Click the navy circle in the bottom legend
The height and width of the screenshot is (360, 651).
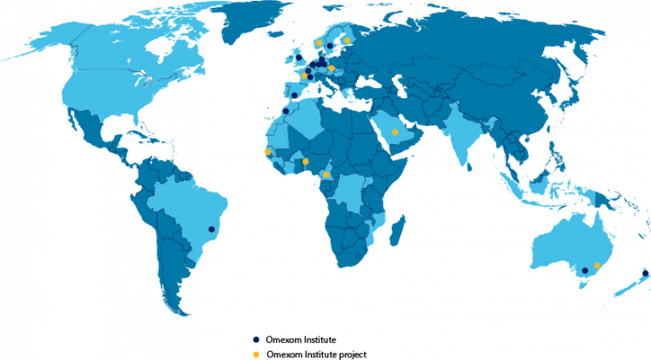pyautogui.click(x=256, y=340)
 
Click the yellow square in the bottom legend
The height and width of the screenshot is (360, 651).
pyautogui.click(x=256, y=354)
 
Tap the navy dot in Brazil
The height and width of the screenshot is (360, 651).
pyautogui.click(x=212, y=229)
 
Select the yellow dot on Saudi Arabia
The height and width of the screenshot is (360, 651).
pyautogui.click(x=395, y=132)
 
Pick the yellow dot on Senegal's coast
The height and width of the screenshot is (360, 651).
pyautogui.click(x=268, y=152)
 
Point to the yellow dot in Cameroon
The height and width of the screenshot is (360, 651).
pyautogui.click(x=326, y=174)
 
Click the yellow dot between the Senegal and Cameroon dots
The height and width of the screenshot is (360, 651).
pyautogui.click(x=306, y=161)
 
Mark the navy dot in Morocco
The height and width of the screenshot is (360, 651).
pyautogui.click(x=286, y=111)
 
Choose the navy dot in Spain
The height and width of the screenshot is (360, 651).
pyautogui.click(x=295, y=95)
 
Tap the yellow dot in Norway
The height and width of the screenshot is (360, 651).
pyautogui.click(x=320, y=42)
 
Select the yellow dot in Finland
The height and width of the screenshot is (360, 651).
pyautogui.click(x=348, y=41)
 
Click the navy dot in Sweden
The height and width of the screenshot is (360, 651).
pyautogui.click(x=330, y=47)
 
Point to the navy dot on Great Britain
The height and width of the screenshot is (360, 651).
pyautogui.click(x=298, y=58)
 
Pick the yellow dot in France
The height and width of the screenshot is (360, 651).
pyautogui.click(x=304, y=75)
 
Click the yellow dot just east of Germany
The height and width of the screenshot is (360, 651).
pyautogui.click(x=331, y=68)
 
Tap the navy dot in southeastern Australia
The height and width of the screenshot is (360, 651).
pyautogui.click(x=585, y=271)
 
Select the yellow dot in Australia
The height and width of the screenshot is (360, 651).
pyautogui.click(x=598, y=266)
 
